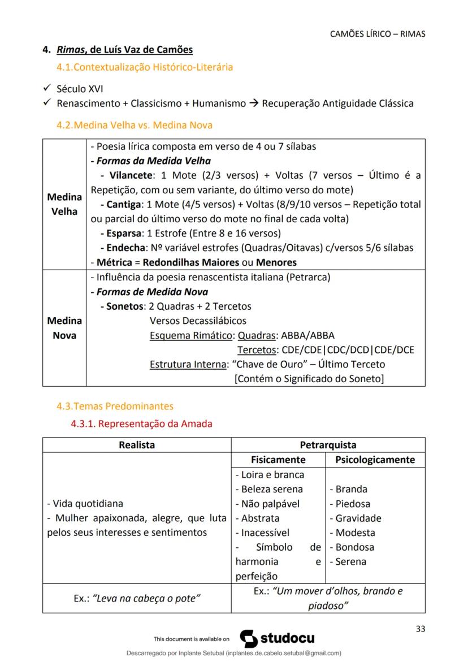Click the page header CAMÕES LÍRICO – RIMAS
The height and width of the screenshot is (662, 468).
pyautogui.click(x=377, y=34)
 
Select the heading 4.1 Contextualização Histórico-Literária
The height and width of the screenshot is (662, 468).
pyautogui.click(x=145, y=67)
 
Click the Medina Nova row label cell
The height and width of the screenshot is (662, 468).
pyautogui.click(x=64, y=328)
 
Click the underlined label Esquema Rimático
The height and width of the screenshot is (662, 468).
pyautogui.click(x=191, y=335)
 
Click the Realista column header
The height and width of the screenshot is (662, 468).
pyautogui.click(x=137, y=445)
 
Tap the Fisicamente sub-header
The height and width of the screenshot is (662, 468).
pyautogui.click(x=278, y=460)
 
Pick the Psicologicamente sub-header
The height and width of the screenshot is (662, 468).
pyautogui.click(x=375, y=460)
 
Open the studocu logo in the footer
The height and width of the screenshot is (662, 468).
pyautogui.click(x=277, y=638)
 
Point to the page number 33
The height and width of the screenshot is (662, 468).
pyautogui.click(x=420, y=629)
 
